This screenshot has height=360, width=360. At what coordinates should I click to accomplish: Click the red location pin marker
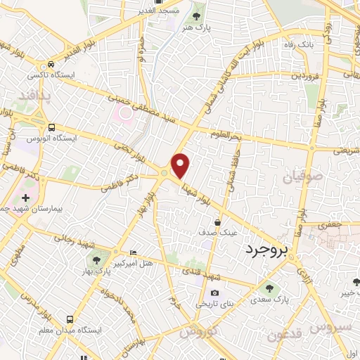pyautogui.click(x=181, y=166)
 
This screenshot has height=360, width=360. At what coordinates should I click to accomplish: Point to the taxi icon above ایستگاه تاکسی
pyautogui.click(x=51, y=63)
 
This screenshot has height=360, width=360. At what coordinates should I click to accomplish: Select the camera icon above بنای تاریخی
pyautogui.click(x=214, y=293)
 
